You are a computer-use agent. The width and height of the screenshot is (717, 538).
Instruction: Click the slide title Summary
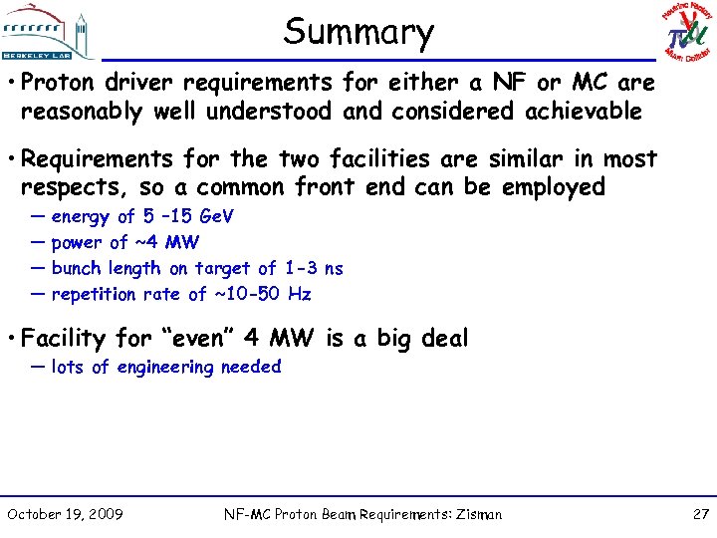[x=358, y=32]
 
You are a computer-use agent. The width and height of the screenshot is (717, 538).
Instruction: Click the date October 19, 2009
[x=65, y=514]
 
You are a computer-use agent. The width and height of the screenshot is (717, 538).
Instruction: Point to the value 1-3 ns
[x=313, y=268]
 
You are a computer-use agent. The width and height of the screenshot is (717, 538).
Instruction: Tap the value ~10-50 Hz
[x=262, y=294]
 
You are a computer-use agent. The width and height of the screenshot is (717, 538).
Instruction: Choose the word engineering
[x=165, y=368]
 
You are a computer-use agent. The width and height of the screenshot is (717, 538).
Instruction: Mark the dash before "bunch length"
[x=37, y=268]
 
